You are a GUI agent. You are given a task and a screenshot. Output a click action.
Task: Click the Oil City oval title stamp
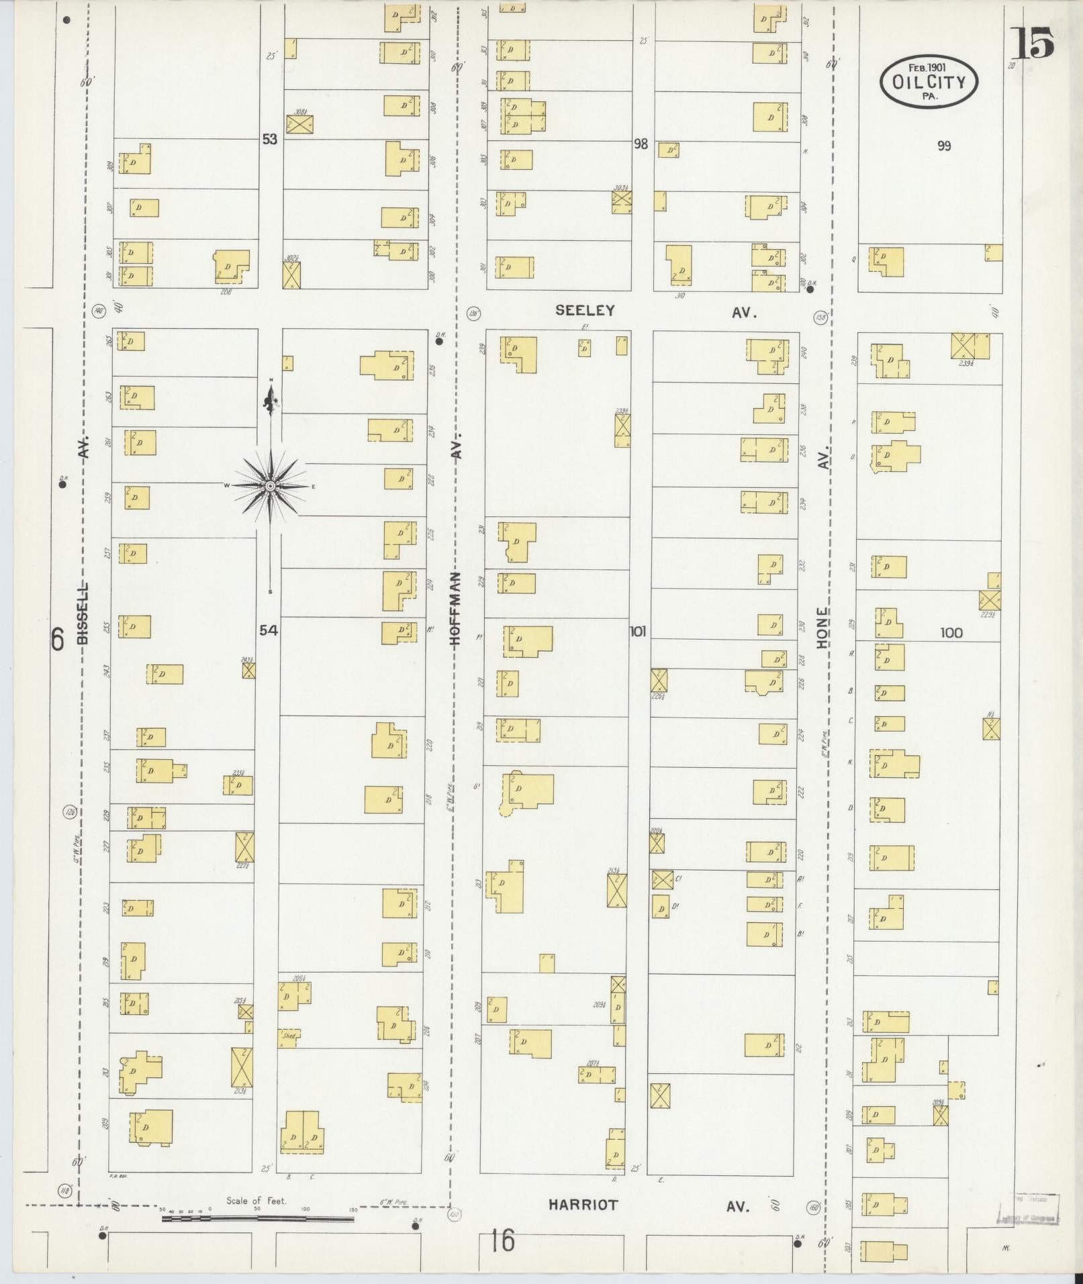pos(929,82)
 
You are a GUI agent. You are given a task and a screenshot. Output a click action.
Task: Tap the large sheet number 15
pos(1033,44)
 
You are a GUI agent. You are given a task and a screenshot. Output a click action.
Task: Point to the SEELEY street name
pos(585,310)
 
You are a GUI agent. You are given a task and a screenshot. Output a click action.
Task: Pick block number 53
pos(270,140)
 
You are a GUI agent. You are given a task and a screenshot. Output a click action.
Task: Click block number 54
pos(269,630)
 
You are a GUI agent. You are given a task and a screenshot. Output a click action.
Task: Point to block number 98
pos(641,144)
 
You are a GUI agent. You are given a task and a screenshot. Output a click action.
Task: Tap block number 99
pos(944,146)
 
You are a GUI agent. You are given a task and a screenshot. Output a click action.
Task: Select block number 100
pos(951,632)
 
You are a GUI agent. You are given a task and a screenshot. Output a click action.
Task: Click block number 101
pos(637,631)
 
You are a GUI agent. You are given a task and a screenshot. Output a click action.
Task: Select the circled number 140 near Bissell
pos(100,310)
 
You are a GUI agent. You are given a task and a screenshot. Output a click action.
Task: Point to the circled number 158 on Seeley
pos(820,317)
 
